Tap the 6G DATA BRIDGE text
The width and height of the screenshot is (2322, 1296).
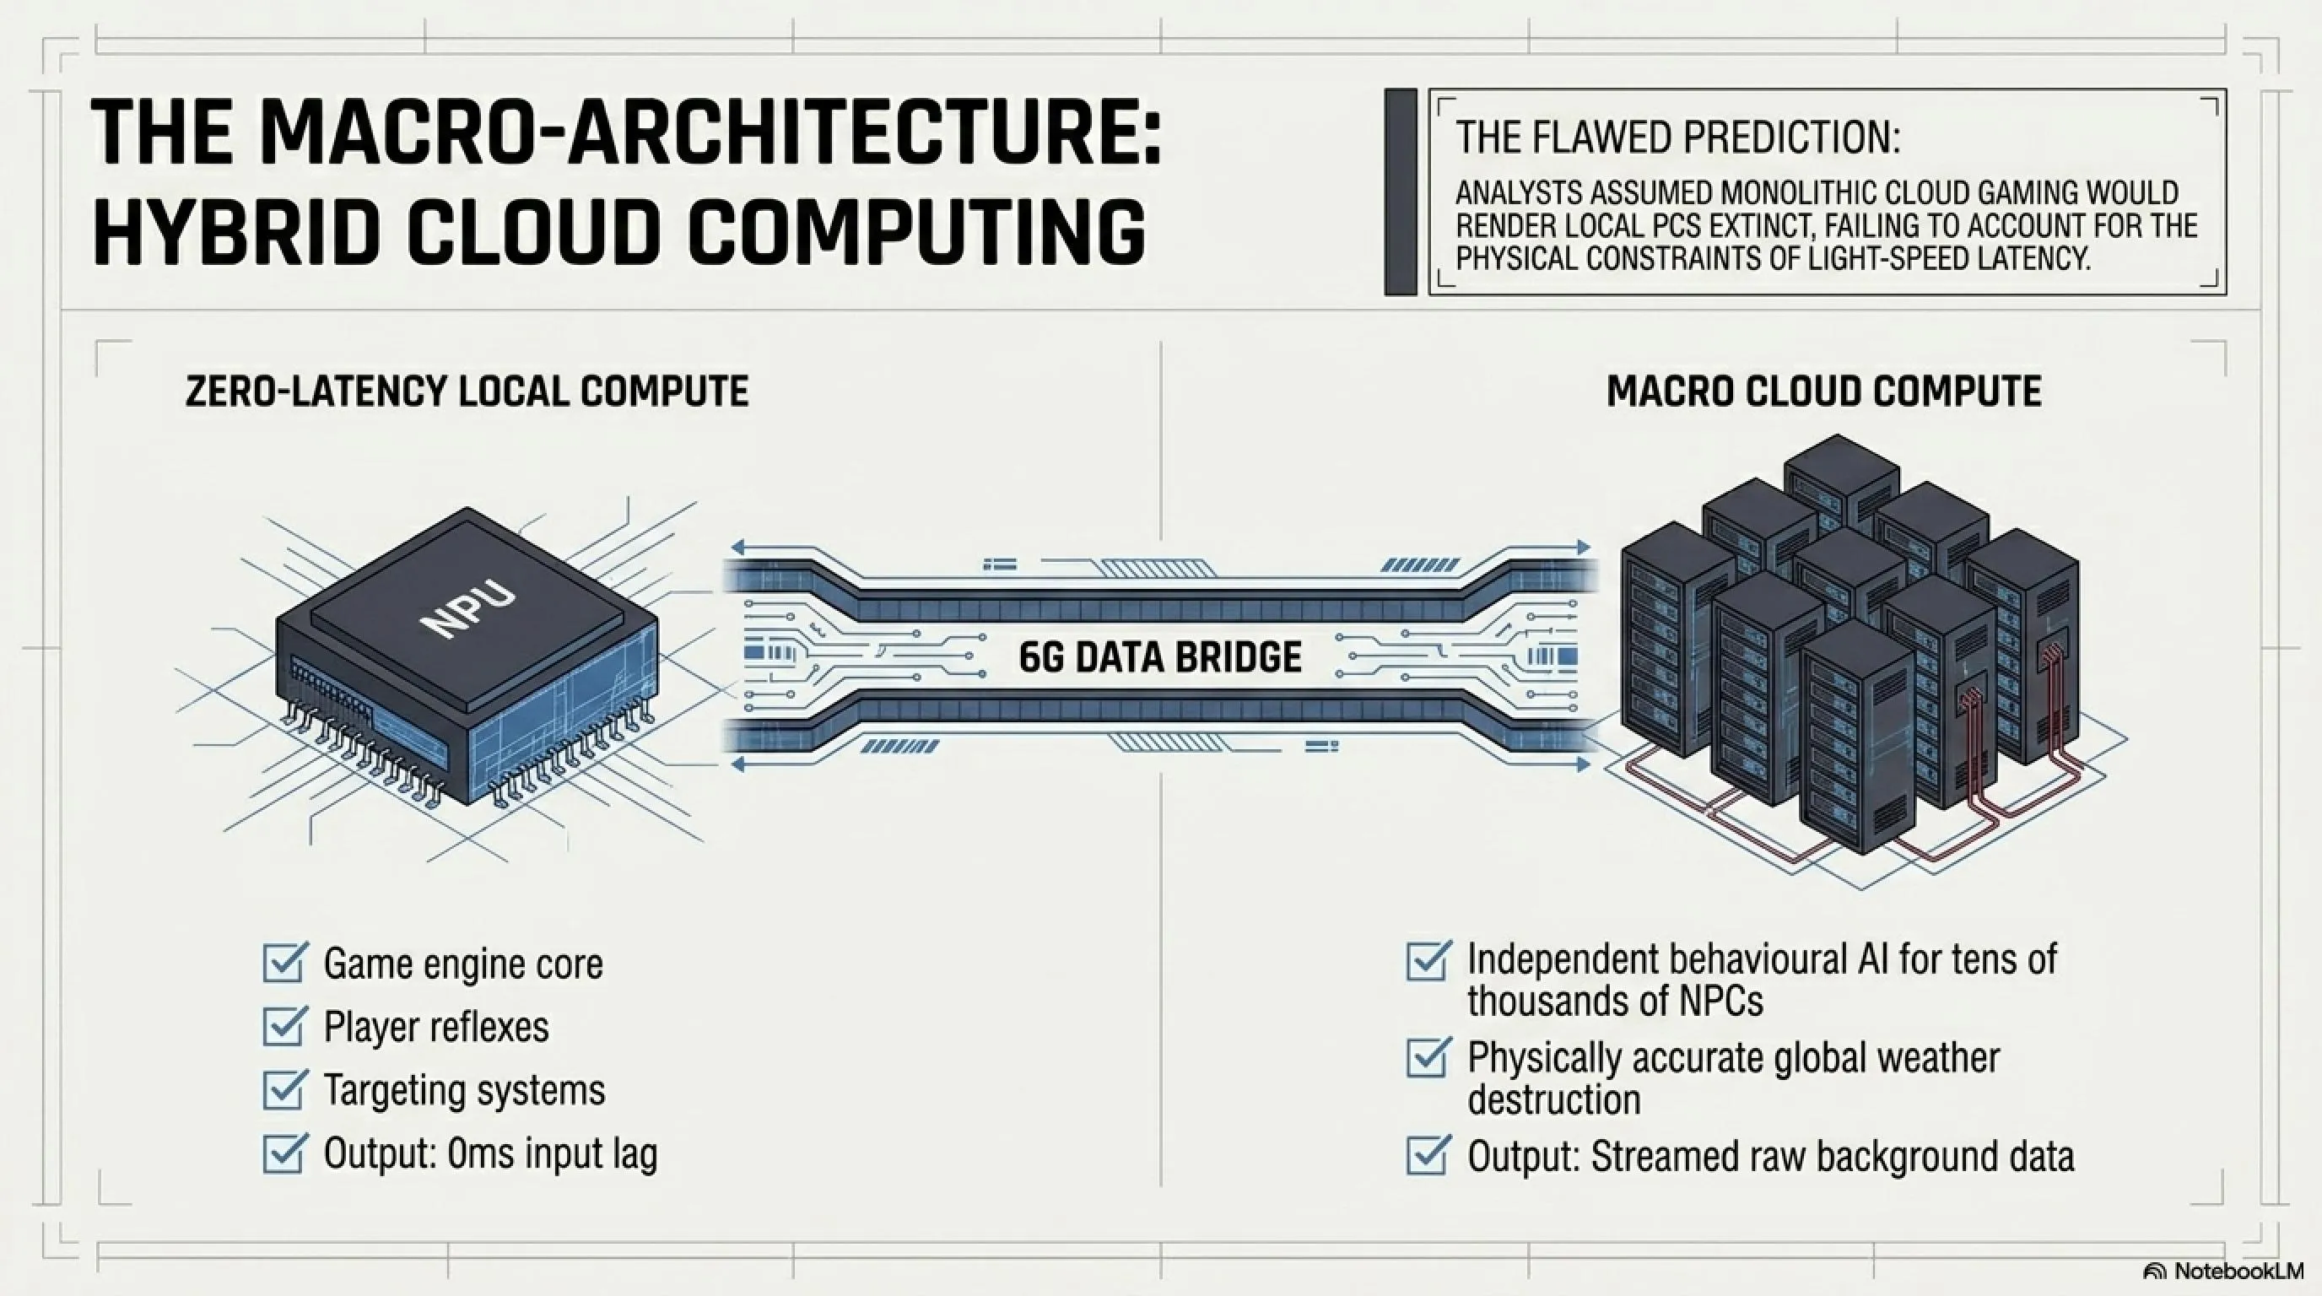click(1160, 657)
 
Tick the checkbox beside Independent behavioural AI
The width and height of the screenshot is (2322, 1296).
click(1428, 960)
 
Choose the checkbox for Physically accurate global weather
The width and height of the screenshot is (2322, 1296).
click(1428, 1057)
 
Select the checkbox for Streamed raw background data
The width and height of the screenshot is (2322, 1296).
click(1428, 1154)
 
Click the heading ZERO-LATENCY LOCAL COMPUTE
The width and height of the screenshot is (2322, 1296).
click(467, 391)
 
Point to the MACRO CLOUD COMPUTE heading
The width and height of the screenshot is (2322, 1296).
click(1823, 391)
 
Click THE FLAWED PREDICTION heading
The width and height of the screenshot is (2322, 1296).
click(1677, 138)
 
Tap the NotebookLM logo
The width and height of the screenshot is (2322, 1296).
click(2222, 1272)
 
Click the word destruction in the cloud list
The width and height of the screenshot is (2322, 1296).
click(1554, 1099)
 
